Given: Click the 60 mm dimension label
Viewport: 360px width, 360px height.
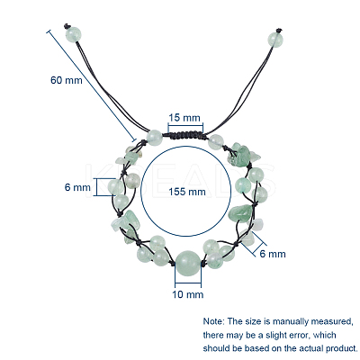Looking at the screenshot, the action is (67, 80).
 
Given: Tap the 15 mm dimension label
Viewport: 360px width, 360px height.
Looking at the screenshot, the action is (184, 118).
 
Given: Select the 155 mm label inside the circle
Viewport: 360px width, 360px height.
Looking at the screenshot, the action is (187, 192).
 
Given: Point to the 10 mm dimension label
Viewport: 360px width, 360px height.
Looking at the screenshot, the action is (188, 294).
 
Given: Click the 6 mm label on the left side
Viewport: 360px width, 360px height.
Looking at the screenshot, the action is (77, 187).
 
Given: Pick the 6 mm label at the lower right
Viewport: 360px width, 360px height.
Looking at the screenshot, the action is (273, 254).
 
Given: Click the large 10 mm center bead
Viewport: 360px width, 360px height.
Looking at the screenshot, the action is (187, 263).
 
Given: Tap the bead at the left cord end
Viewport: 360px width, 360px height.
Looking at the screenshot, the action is (73, 33).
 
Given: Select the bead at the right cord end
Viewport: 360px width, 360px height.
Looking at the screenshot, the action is (275, 40).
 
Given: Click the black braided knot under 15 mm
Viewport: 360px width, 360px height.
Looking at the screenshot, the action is (186, 136).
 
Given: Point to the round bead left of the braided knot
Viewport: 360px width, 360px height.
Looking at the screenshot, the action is (155, 138).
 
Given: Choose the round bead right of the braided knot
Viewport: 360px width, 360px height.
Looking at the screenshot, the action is (216, 141).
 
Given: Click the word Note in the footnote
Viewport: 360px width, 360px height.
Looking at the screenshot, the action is (213, 321).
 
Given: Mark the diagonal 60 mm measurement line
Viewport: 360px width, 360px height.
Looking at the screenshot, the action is (92, 85).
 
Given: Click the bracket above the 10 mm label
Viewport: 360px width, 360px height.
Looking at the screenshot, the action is (188, 283).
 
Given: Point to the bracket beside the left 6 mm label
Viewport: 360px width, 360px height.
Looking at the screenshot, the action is (101, 187).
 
